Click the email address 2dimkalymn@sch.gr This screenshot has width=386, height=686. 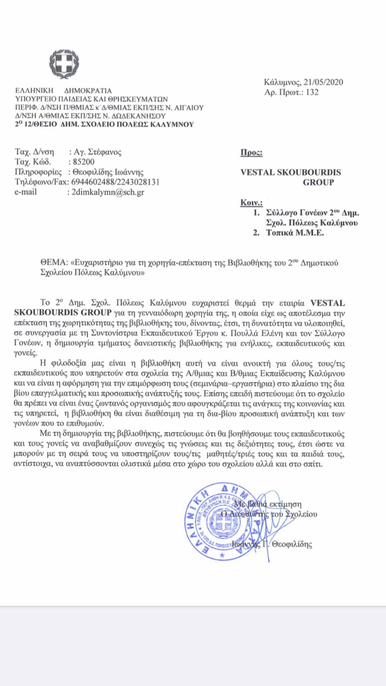tap(106, 192)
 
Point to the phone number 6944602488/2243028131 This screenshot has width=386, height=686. tap(114, 182)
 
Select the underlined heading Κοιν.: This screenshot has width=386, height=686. tap(252, 203)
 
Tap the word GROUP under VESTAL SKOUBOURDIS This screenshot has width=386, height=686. tap(318, 182)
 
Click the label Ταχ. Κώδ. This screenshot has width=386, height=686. tap(33, 162)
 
